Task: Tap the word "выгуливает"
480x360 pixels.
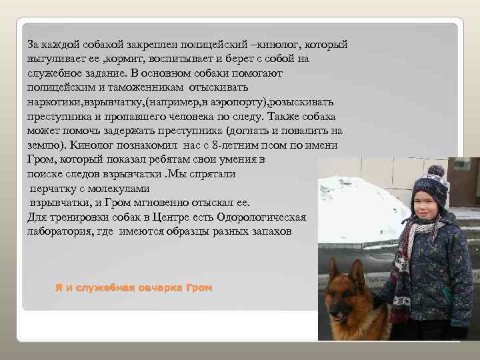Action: [56, 59]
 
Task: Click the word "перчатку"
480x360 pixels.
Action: [56, 189]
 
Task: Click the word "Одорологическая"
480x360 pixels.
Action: [260, 217]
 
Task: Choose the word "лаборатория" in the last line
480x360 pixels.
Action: [59, 231]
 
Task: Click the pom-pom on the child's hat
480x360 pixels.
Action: [437, 171]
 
